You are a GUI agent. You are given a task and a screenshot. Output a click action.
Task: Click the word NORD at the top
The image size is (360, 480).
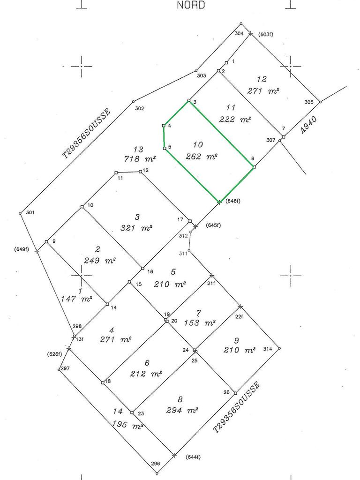191,5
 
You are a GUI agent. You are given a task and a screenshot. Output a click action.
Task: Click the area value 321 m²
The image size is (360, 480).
137,228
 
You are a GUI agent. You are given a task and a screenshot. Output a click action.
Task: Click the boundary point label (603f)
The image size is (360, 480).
266,34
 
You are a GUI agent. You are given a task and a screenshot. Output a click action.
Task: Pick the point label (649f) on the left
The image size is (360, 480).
22,249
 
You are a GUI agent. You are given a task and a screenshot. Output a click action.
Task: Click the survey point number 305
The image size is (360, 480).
308,102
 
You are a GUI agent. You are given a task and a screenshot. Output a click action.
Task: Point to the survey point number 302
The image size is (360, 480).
139,108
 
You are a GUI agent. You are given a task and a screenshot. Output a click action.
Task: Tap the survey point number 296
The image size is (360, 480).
156,464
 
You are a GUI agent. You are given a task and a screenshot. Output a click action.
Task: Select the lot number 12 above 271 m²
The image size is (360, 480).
262,79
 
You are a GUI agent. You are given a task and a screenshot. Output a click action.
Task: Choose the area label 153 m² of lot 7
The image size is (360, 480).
200,322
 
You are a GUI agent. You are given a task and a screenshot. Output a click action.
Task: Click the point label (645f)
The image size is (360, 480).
213,226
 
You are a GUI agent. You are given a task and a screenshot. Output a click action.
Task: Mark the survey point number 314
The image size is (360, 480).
268,349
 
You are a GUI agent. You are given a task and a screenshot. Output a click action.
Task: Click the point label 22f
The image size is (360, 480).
239,317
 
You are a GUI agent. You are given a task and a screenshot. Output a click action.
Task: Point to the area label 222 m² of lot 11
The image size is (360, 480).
235,120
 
